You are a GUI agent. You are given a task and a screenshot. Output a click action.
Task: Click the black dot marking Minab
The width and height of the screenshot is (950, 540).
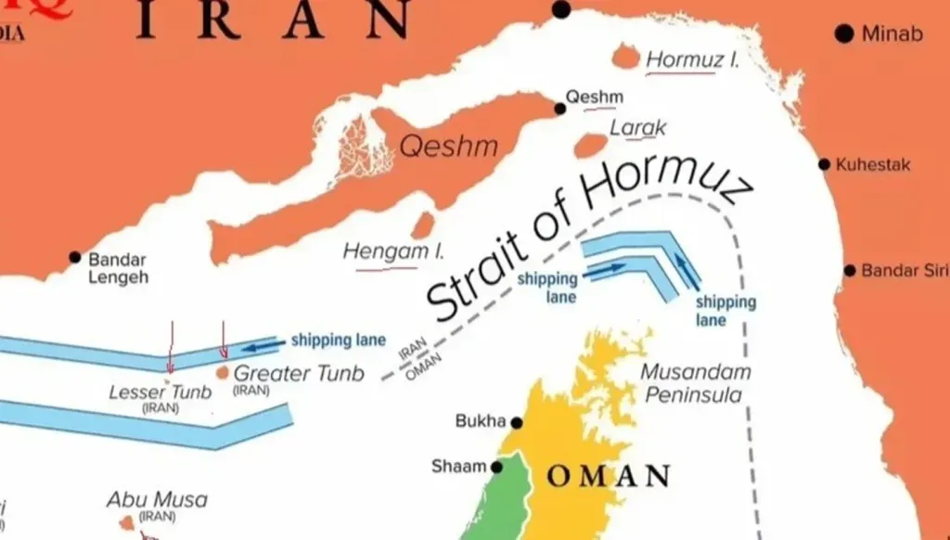(843, 34)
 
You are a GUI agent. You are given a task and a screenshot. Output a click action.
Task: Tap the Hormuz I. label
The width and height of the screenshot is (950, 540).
(692, 60)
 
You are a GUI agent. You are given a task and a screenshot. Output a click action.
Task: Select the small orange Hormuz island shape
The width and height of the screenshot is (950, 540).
(626, 58)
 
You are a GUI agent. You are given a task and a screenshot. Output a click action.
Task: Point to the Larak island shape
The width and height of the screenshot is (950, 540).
(590, 146)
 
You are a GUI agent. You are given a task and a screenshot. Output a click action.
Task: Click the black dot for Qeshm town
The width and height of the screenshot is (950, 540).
(559, 109)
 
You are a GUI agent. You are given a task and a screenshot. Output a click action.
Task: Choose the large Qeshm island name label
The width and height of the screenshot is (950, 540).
(448, 147)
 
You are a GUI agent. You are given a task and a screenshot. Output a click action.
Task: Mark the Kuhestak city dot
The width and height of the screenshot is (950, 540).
(824, 164)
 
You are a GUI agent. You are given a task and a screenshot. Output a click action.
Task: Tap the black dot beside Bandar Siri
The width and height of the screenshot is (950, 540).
(849, 271)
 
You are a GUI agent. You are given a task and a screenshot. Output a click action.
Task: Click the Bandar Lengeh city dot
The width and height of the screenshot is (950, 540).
(75, 257)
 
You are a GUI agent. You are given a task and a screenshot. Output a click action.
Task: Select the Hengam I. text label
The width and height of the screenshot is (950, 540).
(394, 251)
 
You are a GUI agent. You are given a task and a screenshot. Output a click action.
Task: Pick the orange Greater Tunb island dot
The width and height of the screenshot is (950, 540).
(223, 372)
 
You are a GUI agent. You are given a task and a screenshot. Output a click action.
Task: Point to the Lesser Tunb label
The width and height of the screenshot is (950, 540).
(160, 392)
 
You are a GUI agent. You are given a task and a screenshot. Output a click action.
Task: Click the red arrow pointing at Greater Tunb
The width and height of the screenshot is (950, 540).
(223, 341)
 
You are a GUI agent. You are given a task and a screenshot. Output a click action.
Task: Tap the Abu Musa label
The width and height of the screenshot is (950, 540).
(157, 500)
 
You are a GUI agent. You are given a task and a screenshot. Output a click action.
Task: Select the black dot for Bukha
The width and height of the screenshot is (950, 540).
(517, 423)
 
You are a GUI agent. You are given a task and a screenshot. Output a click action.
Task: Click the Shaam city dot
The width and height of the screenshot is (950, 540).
(497, 467)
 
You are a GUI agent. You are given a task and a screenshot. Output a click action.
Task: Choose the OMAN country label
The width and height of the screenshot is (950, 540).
(608, 477)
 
